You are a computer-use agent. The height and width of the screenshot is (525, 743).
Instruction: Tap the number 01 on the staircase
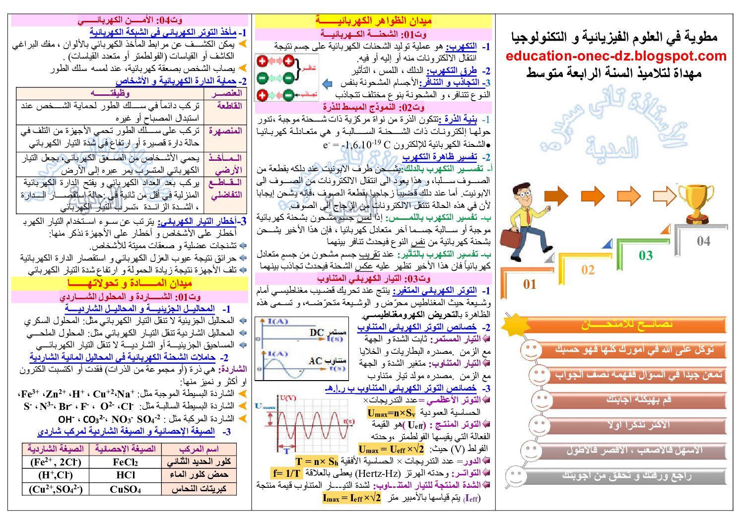click(x=530, y=284)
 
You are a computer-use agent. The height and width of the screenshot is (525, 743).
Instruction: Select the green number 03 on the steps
click(x=645, y=256)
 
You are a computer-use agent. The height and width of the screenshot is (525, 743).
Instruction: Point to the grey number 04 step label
click(x=703, y=241)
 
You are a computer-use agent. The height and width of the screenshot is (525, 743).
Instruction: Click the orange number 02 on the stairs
click(x=588, y=270)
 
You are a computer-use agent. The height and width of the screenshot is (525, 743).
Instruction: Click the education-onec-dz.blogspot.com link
click(x=615, y=56)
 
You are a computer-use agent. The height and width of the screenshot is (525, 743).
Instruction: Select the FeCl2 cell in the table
click(x=125, y=462)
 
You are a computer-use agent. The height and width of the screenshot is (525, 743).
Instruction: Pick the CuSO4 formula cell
click(x=125, y=489)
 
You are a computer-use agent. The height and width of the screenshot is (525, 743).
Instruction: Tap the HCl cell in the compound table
click(x=126, y=475)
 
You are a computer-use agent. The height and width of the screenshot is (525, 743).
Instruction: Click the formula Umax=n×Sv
click(x=391, y=413)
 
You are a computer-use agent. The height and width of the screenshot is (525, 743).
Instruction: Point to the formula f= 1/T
click(x=286, y=473)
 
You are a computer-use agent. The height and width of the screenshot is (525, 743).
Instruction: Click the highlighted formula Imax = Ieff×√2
click(x=351, y=498)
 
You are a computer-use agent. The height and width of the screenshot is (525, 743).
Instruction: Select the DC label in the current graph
click(x=317, y=332)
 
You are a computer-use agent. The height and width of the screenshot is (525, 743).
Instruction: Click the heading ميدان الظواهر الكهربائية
click(x=373, y=21)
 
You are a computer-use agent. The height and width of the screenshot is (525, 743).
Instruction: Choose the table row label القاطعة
click(x=229, y=106)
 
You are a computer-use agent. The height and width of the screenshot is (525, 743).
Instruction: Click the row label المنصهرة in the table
click(x=226, y=131)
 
